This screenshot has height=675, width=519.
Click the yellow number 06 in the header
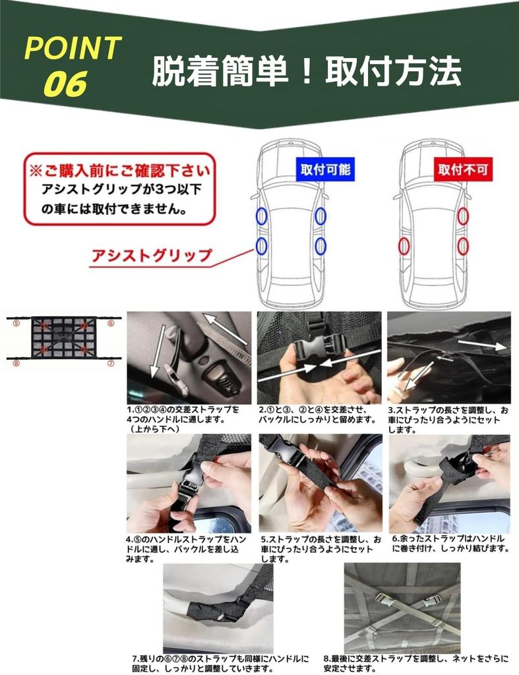pyautogui.click(x=67, y=84)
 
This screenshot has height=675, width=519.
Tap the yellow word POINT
pyautogui.click(x=73, y=49)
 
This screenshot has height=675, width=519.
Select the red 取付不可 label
pyautogui.click(x=464, y=171)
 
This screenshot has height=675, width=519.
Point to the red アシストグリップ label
pyautogui.click(x=153, y=254)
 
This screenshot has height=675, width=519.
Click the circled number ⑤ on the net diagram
pyautogui.click(x=18, y=324)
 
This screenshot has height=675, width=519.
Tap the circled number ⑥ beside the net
pyautogui.click(x=111, y=324)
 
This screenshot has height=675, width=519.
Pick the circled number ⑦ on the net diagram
pyautogui.click(x=111, y=363)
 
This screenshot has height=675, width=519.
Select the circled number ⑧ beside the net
pyautogui.click(x=18, y=363)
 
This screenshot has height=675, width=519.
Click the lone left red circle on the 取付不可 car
pyautogui.click(x=404, y=247)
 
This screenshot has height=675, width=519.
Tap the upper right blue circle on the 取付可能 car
pyautogui.click(x=321, y=215)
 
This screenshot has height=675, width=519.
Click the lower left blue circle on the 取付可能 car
pyautogui.click(x=262, y=247)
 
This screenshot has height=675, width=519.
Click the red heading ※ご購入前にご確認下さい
pyautogui.click(x=120, y=171)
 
